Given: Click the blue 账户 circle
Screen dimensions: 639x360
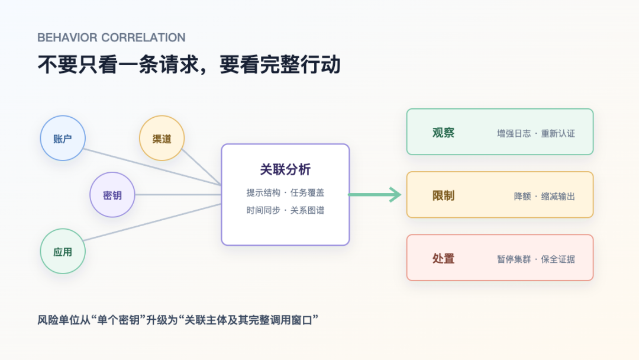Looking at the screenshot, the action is pyautogui.click(x=63, y=138).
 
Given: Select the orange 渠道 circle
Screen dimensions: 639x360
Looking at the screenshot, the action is pyautogui.click(x=162, y=138).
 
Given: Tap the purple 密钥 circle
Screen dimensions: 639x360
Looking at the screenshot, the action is pyautogui.click(x=112, y=195).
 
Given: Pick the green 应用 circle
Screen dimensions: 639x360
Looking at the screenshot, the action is pyautogui.click(x=63, y=252).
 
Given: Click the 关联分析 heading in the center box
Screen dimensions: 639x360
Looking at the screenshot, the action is pyautogui.click(x=285, y=169).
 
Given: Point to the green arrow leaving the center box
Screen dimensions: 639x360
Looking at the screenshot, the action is pyautogui.click(x=375, y=194).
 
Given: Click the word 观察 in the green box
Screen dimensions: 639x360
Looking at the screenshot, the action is pyautogui.click(x=443, y=133).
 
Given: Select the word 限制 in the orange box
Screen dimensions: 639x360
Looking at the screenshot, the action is pyautogui.click(x=443, y=196).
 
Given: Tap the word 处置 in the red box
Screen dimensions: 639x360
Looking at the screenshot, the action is pyautogui.click(x=443, y=259).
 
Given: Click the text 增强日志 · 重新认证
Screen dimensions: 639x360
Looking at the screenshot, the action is pyautogui.click(x=536, y=133).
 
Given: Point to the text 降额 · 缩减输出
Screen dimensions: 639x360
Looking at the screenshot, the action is pyautogui.click(x=544, y=197).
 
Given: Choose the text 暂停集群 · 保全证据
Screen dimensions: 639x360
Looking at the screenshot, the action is pyautogui.click(x=536, y=259).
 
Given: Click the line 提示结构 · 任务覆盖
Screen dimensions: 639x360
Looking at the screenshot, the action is pyautogui.click(x=285, y=192).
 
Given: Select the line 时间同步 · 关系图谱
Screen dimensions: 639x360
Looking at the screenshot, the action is pyautogui.click(x=285, y=210).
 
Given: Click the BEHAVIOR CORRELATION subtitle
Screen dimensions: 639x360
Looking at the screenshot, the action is pyautogui.click(x=111, y=37).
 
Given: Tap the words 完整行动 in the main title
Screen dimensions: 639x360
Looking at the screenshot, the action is pyautogui.click(x=301, y=65).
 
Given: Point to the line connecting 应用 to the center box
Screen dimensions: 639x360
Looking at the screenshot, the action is pyautogui.click(x=153, y=222).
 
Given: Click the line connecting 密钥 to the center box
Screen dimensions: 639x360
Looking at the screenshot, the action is pyautogui.click(x=178, y=194).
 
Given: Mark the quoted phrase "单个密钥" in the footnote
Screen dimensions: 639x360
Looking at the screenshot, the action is pyautogui.click(x=118, y=320).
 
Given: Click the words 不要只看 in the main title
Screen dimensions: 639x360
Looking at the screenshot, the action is pyautogui.click(x=78, y=65).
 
